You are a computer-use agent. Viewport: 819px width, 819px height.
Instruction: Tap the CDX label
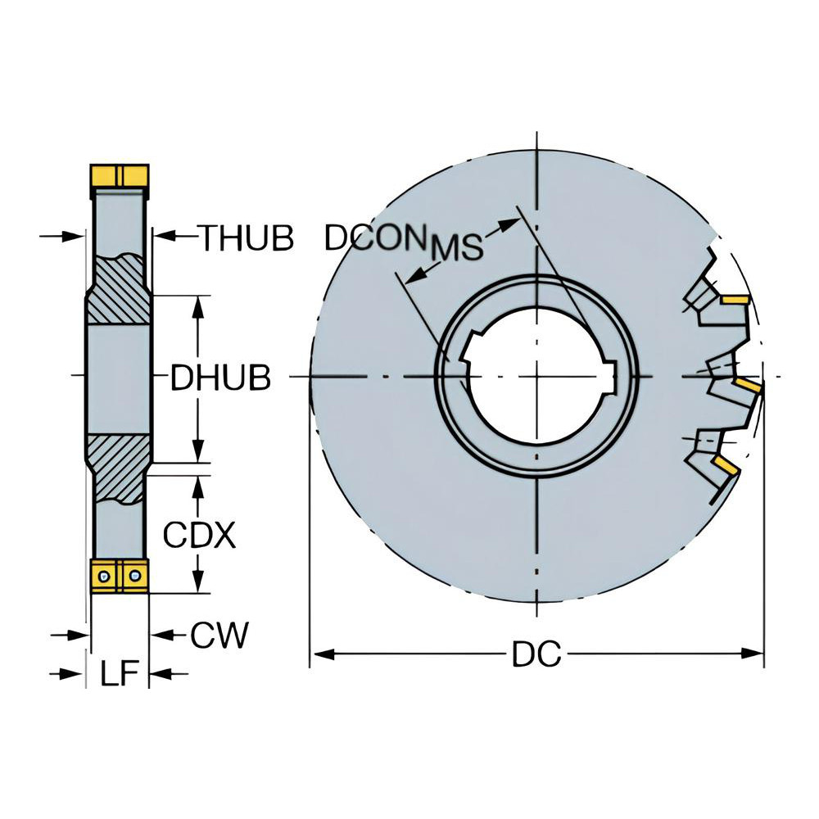[x=199, y=536]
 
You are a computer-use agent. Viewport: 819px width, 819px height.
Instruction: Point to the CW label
[x=219, y=635]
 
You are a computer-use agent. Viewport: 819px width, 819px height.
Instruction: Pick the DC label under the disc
[x=536, y=654]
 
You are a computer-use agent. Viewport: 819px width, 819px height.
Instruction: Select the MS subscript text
[x=456, y=247]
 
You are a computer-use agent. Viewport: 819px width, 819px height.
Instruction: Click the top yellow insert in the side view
[x=119, y=175]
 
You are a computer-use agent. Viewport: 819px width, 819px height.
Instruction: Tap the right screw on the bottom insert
[x=134, y=578]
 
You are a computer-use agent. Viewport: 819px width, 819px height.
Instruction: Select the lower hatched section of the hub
[x=119, y=467]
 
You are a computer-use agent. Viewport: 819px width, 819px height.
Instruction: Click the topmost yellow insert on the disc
[x=736, y=300]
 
